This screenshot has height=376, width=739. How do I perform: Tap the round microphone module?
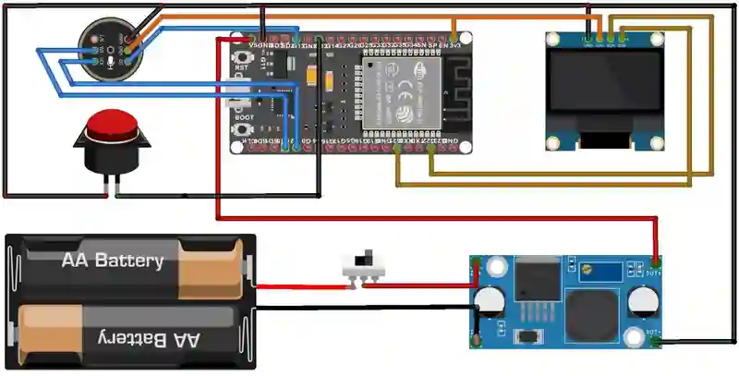110,48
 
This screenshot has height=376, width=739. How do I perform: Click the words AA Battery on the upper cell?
113,261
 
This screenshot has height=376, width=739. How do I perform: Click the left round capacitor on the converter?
489,302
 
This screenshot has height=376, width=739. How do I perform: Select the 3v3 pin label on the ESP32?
454,44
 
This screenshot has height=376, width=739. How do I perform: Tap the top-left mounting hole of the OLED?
554,39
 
